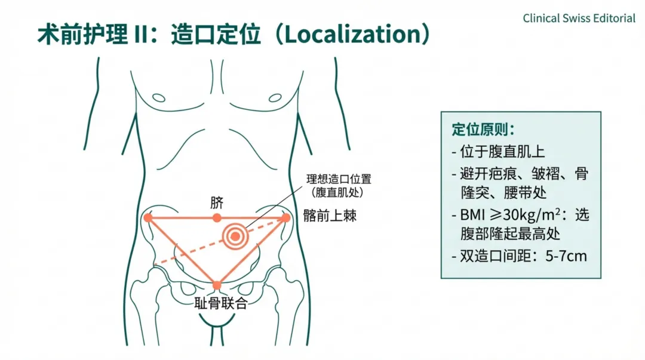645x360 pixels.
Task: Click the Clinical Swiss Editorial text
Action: [x=579, y=18]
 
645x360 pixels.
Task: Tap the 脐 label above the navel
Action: [x=216, y=202]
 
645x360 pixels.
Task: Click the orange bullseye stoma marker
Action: [x=236, y=236]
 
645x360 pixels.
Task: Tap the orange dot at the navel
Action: [x=217, y=218]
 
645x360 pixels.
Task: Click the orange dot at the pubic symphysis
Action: [x=217, y=285]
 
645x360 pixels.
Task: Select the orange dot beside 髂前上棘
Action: [x=285, y=218]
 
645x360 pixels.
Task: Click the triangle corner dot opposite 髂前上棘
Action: [x=148, y=218]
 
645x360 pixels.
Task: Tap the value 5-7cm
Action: [x=566, y=257]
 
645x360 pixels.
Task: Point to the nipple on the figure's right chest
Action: [x=158, y=97]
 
